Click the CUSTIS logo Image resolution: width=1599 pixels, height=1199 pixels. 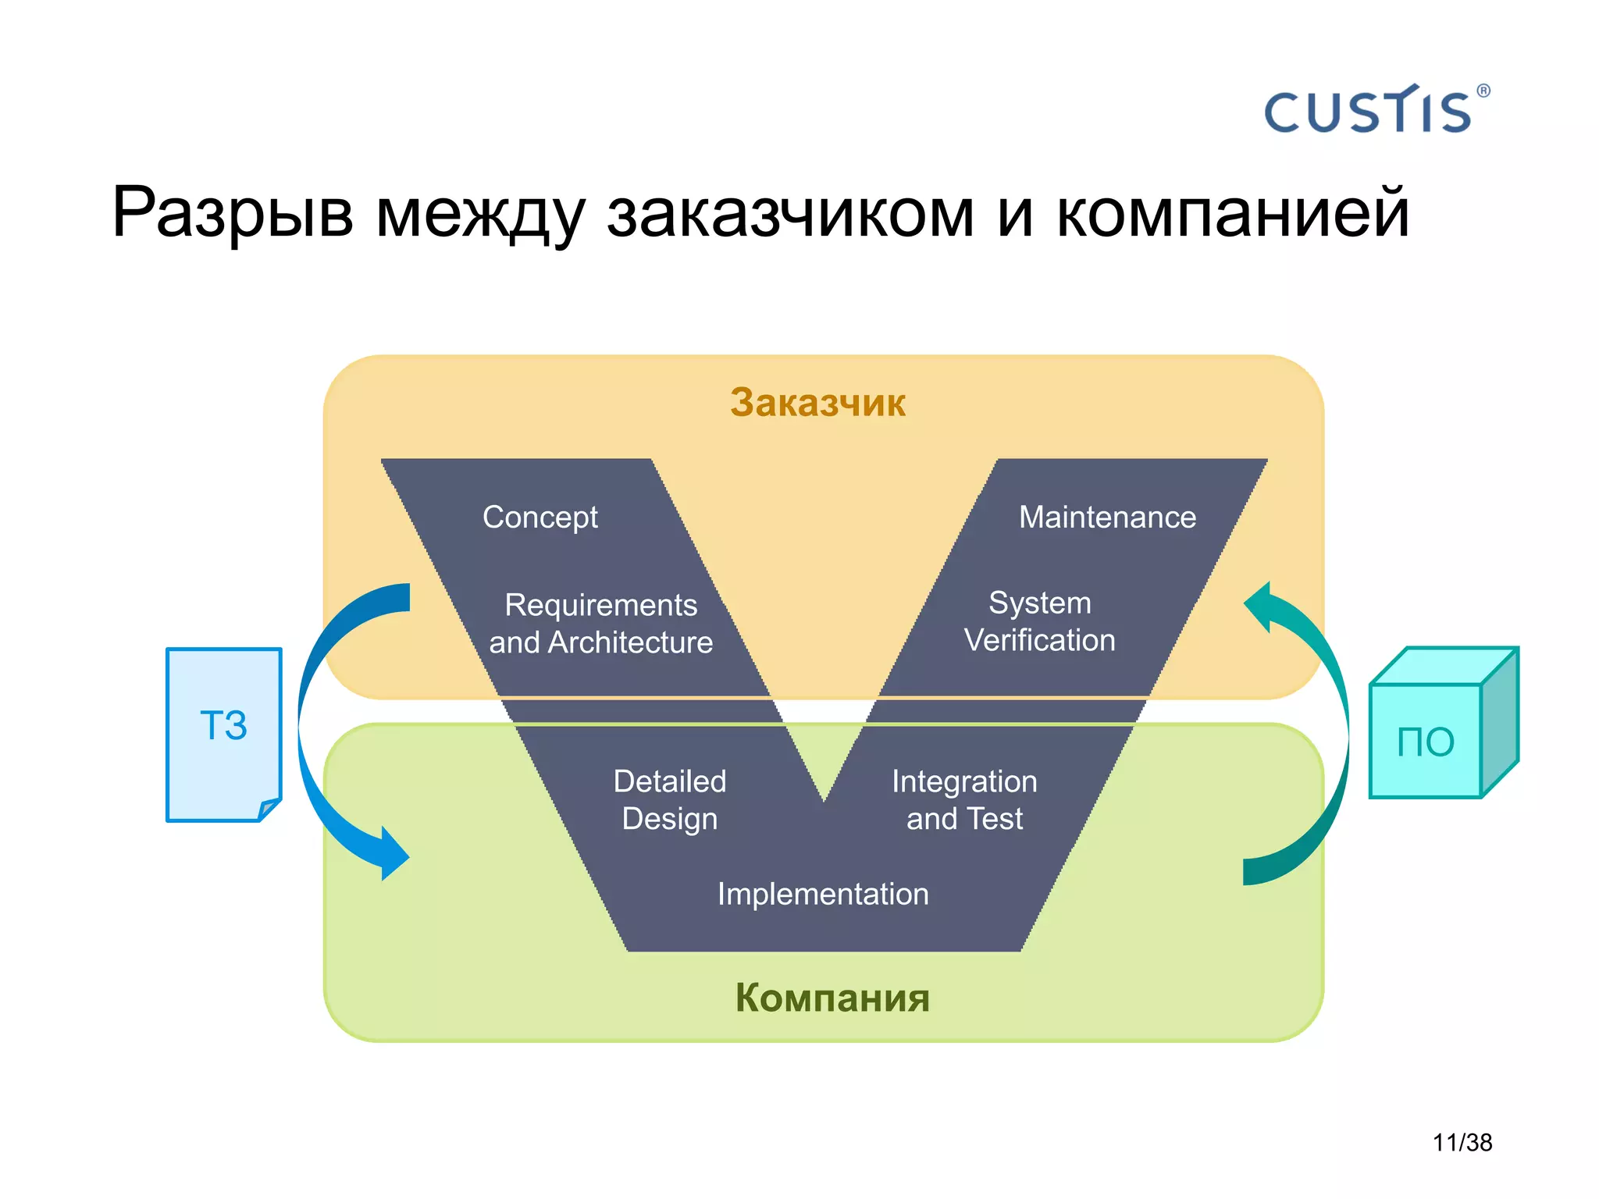point(1368,111)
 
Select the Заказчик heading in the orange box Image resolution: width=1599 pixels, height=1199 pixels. point(817,403)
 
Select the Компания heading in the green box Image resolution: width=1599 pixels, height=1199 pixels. point(832,998)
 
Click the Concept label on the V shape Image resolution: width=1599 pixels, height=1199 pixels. point(540,518)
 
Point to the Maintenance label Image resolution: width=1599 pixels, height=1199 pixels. point(1106,518)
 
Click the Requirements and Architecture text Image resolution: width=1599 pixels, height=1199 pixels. point(600,624)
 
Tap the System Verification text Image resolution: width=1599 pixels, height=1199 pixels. point(1039,621)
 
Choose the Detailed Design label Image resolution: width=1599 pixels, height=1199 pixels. point(669,800)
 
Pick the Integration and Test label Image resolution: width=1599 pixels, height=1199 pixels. point(964,800)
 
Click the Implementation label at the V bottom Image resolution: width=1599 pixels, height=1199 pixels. point(823,895)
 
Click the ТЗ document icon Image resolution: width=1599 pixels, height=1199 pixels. point(223,734)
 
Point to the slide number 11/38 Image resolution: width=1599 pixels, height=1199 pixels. point(1462,1143)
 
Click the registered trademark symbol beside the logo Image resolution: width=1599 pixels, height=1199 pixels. point(1483,91)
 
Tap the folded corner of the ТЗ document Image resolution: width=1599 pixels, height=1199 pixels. point(269,809)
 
